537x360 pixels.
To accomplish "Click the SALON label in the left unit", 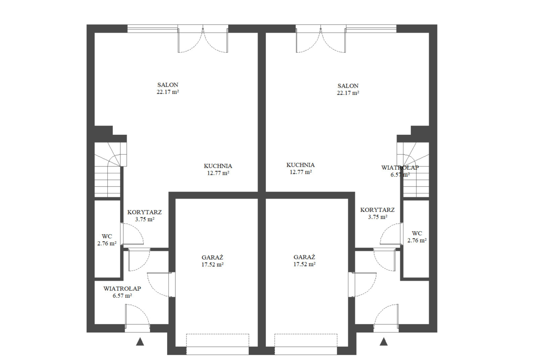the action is (x=168, y=85).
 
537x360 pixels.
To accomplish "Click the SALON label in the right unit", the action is (x=348, y=86).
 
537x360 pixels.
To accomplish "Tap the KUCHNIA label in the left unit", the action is (x=218, y=166).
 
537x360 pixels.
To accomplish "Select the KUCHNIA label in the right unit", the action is (x=300, y=165).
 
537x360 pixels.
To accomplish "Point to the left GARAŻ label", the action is (x=213, y=257).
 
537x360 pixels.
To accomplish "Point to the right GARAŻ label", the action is (x=304, y=257).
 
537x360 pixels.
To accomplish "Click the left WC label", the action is (x=107, y=237).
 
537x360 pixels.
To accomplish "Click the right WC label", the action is (x=417, y=233).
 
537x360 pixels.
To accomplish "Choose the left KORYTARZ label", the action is (x=145, y=212).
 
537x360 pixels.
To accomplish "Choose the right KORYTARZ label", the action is (x=377, y=210).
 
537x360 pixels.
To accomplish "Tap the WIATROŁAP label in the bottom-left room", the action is (x=122, y=289).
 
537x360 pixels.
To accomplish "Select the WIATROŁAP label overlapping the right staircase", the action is (x=400, y=168).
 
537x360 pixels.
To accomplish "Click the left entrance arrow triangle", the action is (x=140, y=342).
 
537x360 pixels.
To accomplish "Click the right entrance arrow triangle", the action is (x=384, y=342).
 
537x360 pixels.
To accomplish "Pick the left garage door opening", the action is (x=218, y=344).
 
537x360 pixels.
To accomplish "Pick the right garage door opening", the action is (x=306, y=344).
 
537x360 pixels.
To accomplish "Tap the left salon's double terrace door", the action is (x=203, y=39).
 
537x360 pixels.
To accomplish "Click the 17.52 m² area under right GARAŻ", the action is (x=304, y=265).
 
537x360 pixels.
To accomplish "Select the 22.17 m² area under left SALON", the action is (x=168, y=92).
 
